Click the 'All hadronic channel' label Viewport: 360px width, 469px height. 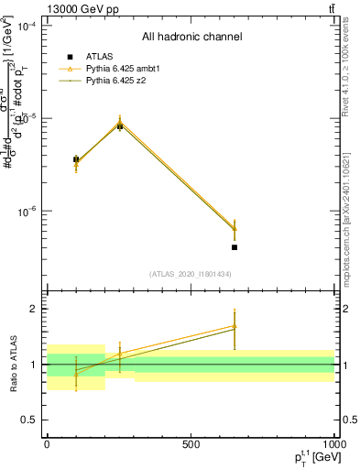[x=191, y=38]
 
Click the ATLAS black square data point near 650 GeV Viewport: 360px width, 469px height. [x=235, y=247]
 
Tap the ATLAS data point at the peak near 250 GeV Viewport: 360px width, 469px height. [x=119, y=126]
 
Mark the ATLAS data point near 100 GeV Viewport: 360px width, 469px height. [x=76, y=159]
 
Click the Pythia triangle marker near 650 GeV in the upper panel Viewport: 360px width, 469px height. [x=235, y=229]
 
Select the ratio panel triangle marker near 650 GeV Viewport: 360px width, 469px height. [x=235, y=325]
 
